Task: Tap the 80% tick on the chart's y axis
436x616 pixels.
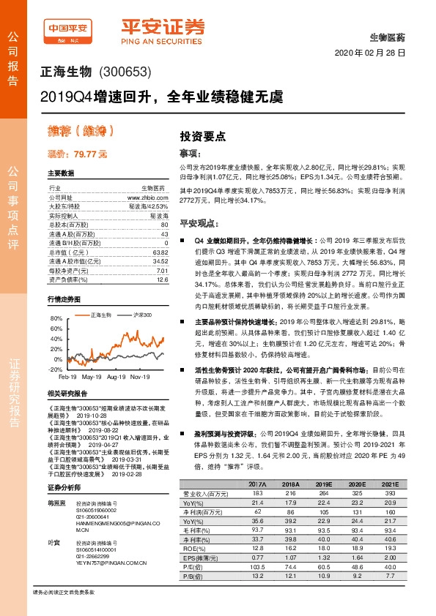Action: coord(56,319)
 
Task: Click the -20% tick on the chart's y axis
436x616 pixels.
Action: coord(56,369)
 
